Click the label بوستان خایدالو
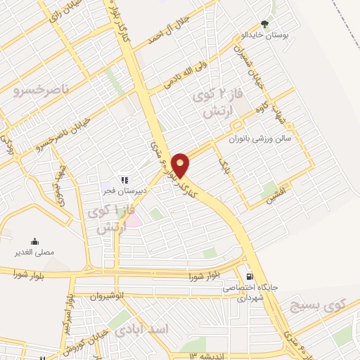tap(264, 34)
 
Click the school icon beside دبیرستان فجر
tap(124, 179)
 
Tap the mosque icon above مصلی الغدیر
tap(34, 241)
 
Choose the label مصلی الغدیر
tap(35, 252)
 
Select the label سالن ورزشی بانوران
tap(262, 139)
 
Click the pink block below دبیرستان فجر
tap(133, 221)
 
